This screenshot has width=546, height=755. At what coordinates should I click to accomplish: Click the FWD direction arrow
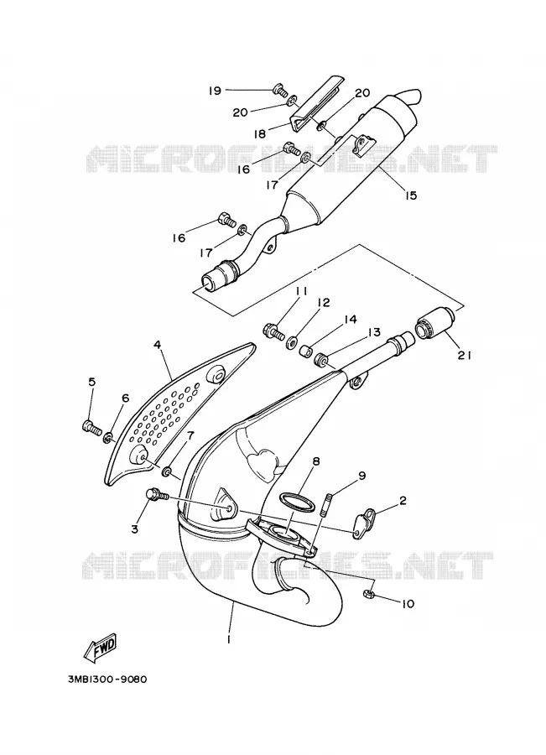[101, 647]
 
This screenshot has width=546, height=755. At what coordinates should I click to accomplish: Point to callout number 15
[410, 195]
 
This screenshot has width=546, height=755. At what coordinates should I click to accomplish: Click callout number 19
[215, 91]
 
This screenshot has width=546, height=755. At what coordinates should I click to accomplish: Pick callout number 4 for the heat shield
[157, 345]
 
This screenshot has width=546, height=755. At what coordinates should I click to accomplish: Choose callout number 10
[407, 603]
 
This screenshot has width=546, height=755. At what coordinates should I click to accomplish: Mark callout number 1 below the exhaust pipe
[229, 640]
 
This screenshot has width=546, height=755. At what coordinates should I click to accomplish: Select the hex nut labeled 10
[368, 593]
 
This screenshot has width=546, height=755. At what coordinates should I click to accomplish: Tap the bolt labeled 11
[273, 331]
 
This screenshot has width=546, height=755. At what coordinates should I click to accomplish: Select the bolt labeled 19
[280, 89]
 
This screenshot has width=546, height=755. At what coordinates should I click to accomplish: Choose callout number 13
[374, 332]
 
